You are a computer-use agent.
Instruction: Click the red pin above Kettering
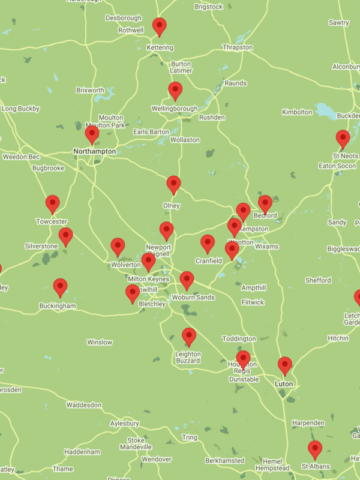coord(159,26)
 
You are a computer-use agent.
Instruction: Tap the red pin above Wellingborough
coord(175,90)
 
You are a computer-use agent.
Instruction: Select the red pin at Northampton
coord(92,134)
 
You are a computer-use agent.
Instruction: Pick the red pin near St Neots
coord(343,138)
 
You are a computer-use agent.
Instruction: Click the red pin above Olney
coord(173,184)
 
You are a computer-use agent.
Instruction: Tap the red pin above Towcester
coord(53,203)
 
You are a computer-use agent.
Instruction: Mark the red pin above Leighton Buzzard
coord(189,336)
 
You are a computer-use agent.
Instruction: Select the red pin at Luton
coord(285,364)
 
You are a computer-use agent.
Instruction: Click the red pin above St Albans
coord(315,448)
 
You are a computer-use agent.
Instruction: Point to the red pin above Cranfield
coord(208,242)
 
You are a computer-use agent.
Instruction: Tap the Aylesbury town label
coord(124,424)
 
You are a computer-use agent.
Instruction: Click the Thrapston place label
coord(238,47)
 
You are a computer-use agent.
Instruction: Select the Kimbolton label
coord(298,112)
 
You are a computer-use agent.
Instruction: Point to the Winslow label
coord(100,343)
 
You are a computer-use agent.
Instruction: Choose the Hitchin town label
coord(338,338)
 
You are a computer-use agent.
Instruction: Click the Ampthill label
coord(254,288)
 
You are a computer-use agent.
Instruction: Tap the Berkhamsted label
coord(224,461)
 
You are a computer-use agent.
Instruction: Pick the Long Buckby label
coord(20,109)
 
